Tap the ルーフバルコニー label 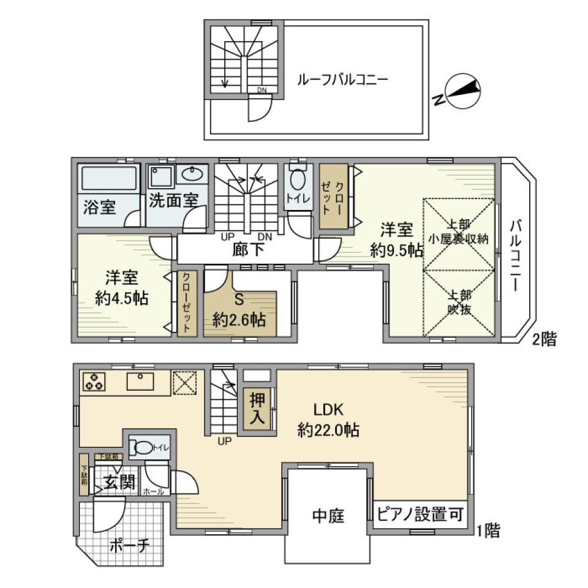(x=343, y=80)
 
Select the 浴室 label (x=99, y=207)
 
